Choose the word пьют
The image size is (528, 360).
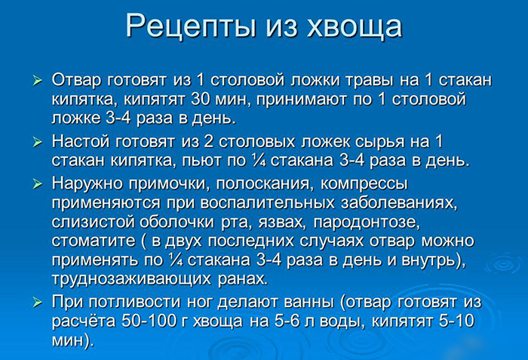[240, 160]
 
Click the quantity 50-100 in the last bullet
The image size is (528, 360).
[149, 321]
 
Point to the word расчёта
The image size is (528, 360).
[83, 321]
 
